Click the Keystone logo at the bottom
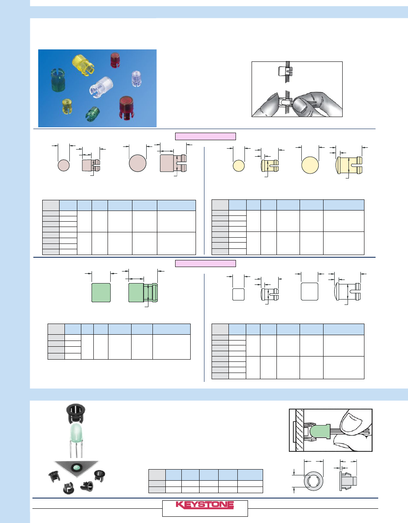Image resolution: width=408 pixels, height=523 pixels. click(x=205, y=505)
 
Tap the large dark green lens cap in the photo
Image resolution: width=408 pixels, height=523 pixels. click(x=58, y=81)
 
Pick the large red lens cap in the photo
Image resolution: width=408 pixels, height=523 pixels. click(x=128, y=107)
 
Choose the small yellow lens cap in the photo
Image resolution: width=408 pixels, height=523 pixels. click(x=67, y=106)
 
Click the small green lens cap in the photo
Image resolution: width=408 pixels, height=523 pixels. click(x=93, y=114)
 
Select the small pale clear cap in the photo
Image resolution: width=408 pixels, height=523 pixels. click(x=136, y=79)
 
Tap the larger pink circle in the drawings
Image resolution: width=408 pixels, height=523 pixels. click(x=137, y=163)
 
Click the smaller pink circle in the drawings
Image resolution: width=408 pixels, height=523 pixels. click(x=64, y=165)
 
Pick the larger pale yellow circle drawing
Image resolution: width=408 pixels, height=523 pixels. click(x=310, y=165)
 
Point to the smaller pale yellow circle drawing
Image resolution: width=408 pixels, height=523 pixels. click(x=239, y=166)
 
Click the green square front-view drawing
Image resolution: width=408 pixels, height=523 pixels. click(x=101, y=293)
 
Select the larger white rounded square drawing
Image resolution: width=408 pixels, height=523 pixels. click(x=309, y=292)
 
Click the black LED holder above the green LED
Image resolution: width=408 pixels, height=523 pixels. click(x=76, y=414)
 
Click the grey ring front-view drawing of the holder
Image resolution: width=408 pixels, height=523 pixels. click(x=313, y=481)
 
